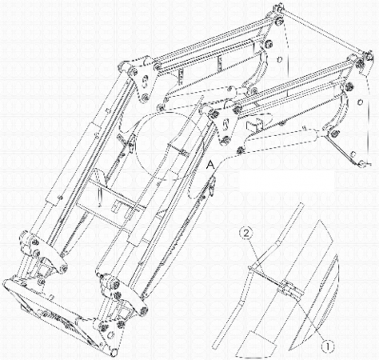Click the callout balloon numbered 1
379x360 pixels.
click(x=328, y=346)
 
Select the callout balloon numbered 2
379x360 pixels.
click(x=246, y=234)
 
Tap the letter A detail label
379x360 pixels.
click(x=211, y=165)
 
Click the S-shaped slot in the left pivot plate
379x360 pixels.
click(x=145, y=82)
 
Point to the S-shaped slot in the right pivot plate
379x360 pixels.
click(x=225, y=124)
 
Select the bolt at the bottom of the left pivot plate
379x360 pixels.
click(x=146, y=98)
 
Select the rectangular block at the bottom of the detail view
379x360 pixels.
click(x=261, y=344)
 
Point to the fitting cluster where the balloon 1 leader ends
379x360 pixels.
click(x=289, y=290)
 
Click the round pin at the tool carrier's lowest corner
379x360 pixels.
click(x=114, y=352)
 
